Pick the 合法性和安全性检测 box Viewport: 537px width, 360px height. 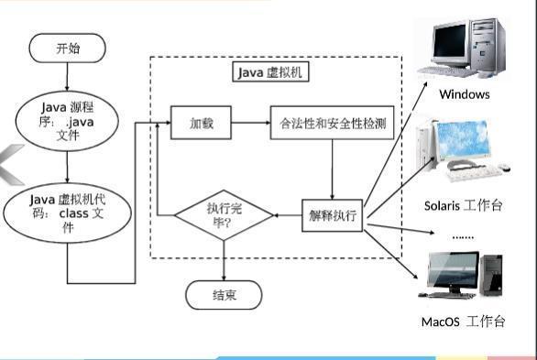coord(332,123)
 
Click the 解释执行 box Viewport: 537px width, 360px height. coord(333,216)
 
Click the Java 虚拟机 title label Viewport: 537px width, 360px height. coord(275,71)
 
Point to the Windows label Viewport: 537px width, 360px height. coord(464,94)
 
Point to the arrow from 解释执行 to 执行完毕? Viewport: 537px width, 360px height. coord(289,216)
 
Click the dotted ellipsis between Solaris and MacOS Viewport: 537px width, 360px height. coord(464,235)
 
